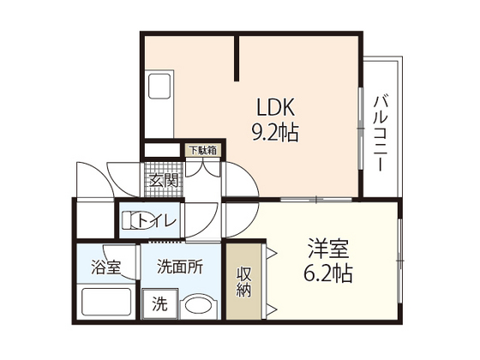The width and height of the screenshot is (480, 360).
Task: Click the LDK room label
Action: coord(276,107)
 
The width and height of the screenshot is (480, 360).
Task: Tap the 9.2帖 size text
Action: coord(275,133)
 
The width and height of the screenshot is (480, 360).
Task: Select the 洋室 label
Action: coord(328,249)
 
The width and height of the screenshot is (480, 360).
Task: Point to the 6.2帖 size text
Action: coord(328,273)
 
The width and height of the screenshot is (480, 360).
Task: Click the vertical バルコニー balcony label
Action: coord(381,134)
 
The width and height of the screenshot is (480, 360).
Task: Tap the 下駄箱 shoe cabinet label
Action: coord(203,150)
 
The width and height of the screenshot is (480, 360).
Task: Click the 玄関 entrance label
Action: coord(164,181)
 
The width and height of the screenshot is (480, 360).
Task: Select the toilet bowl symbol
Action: coord(137,220)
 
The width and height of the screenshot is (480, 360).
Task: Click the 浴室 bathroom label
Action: coord(106,267)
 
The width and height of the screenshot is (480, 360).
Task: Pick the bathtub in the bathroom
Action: coord(106,302)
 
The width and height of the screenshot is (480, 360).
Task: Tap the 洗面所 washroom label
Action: coord(180,267)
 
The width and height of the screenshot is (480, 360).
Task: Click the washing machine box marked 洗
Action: coord(159,304)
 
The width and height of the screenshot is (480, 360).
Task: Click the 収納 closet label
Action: coord(243,282)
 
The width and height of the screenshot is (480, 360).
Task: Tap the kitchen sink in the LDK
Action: coord(159,86)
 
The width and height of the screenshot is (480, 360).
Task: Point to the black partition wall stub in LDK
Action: coord(237,58)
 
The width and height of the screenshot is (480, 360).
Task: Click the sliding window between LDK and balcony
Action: coord(361,129)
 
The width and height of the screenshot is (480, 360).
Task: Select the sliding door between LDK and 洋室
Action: coord(316,200)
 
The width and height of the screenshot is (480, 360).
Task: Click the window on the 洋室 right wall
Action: coord(399,261)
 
